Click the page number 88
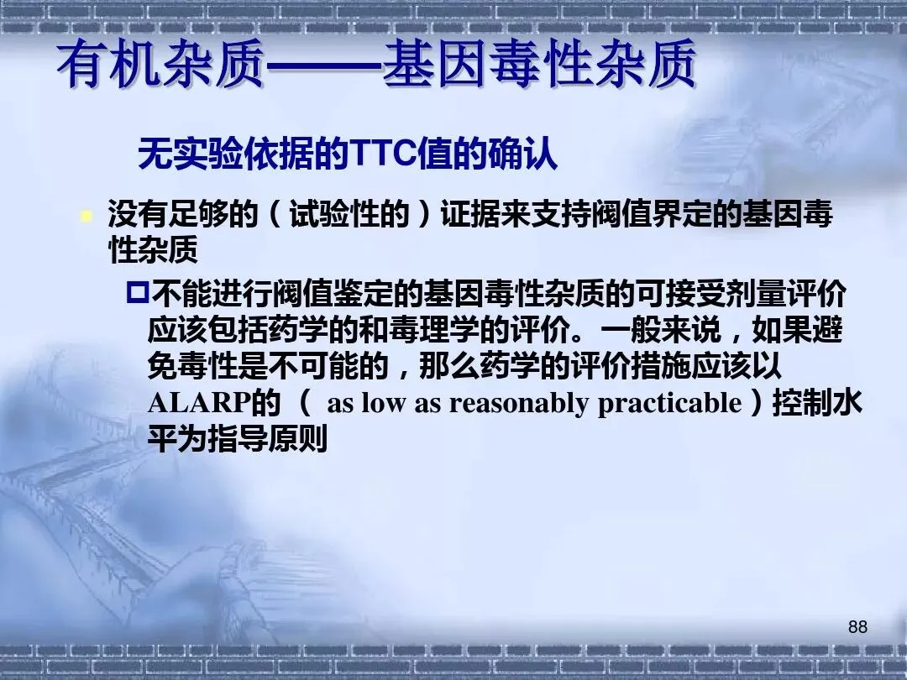coord(857,627)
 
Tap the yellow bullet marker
coord(87,217)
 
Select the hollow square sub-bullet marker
coord(138,293)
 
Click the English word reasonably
coord(519,404)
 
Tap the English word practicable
coord(669,404)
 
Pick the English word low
coord(382,403)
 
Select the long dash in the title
coord(324,65)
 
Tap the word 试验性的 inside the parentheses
coord(349,215)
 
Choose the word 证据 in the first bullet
coord(470,215)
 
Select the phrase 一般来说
coord(661,330)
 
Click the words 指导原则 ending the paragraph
coord(268,439)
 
